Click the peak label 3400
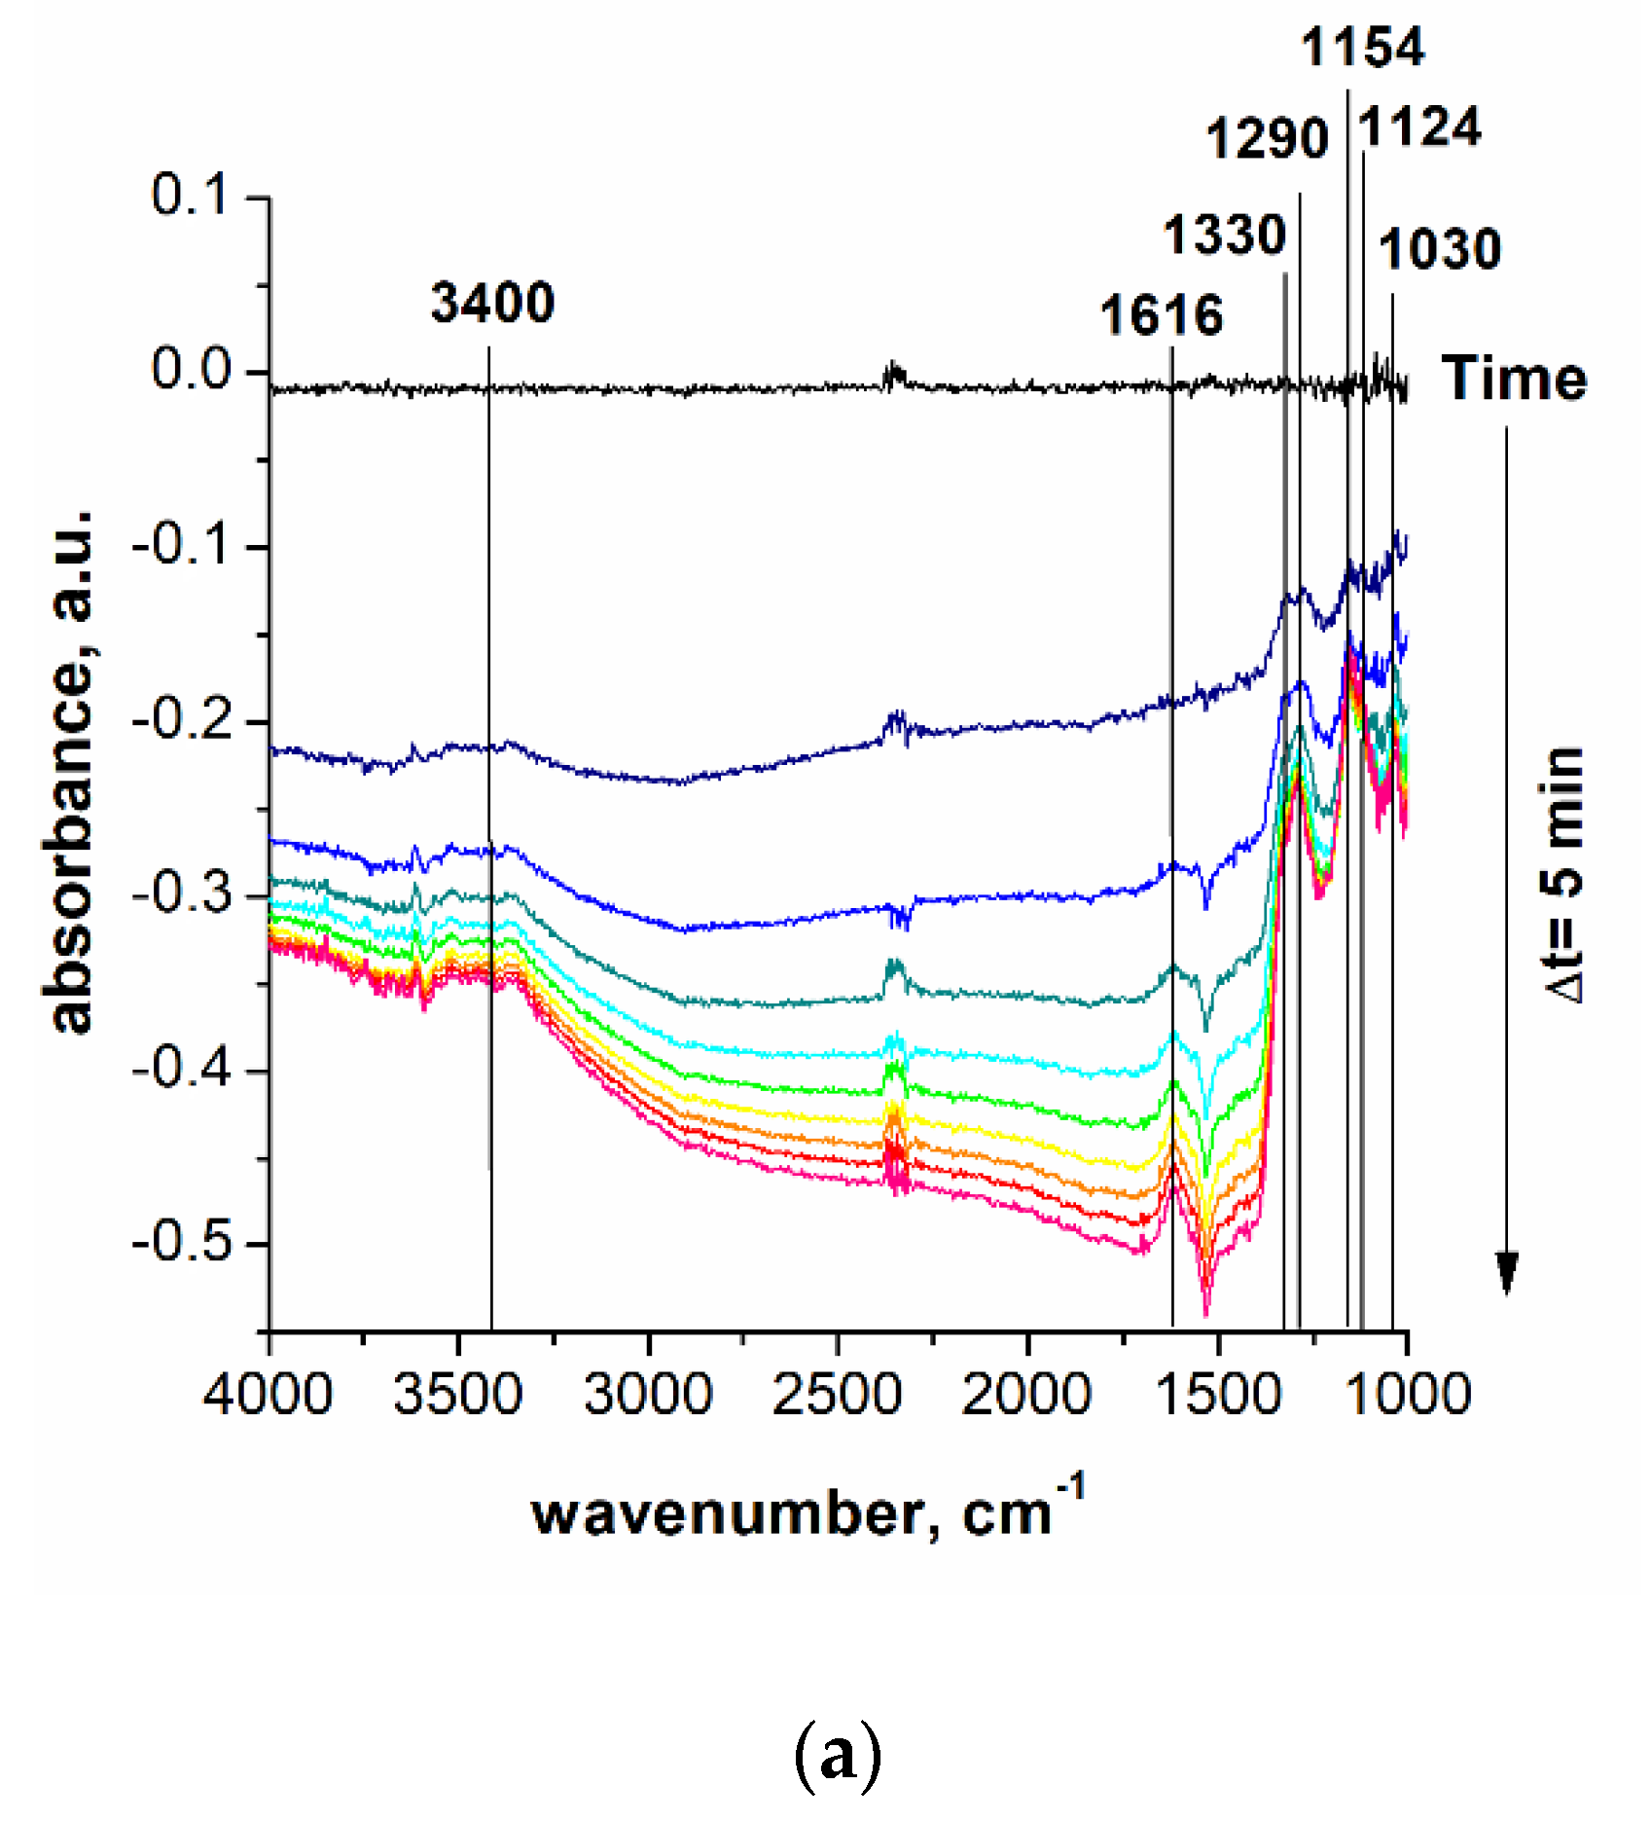(492, 303)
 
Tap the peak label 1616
(1161, 316)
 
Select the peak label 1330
(1225, 236)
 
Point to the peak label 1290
(1267, 138)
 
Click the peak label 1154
(1362, 47)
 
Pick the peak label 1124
(1419, 127)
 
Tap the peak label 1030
(1440, 249)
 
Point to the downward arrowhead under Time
(1507, 1273)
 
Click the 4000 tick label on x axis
(268, 1394)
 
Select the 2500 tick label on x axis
(837, 1394)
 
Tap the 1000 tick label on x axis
(1406, 1394)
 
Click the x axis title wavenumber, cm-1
(808, 1513)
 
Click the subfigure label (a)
(838, 1755)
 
